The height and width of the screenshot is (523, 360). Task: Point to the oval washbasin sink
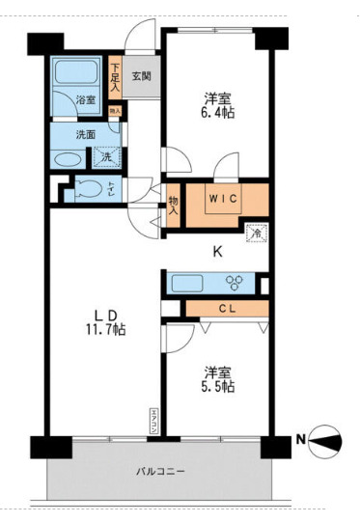pos(67,160)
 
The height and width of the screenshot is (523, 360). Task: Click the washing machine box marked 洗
pos(108,156)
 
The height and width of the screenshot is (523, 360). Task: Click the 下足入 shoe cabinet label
pos(115,77)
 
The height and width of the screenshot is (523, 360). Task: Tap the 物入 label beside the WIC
pos(174,206)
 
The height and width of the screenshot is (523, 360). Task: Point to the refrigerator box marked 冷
pos(256,232)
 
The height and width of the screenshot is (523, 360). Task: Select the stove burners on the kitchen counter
pos(235,283)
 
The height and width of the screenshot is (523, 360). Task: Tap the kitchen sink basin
pos(187,283)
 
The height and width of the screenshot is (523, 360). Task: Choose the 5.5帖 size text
pos(218,386)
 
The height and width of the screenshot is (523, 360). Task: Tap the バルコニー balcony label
pos(159,471)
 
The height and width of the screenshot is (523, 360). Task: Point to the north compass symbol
pos(327,442)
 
